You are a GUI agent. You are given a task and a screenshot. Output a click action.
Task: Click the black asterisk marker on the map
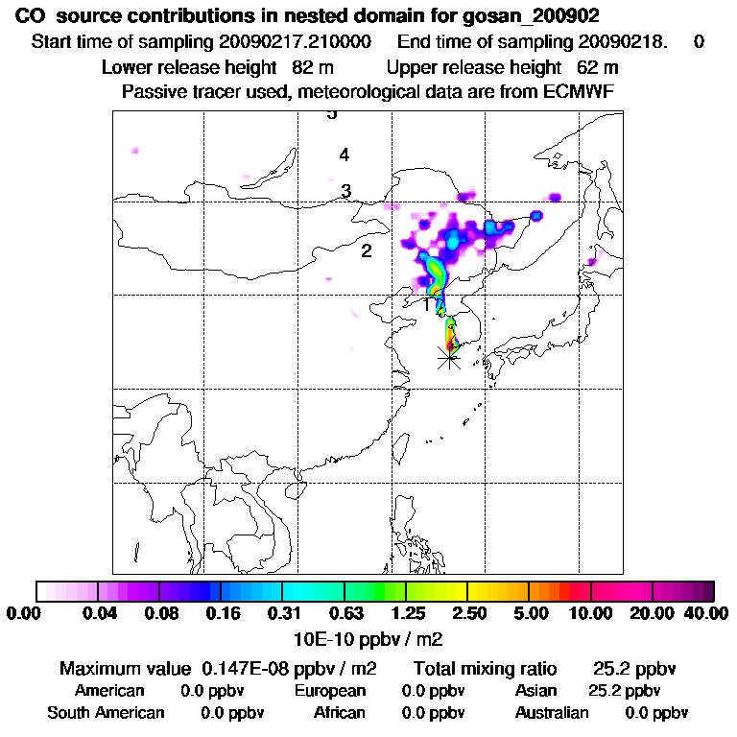tap(448, 359)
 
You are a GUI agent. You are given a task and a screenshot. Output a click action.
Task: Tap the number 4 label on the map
tap(344, 155)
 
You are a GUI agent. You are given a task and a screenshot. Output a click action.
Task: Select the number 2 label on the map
tap(366, 251)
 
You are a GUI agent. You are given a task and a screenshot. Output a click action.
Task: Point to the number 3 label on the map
tap(346, 191)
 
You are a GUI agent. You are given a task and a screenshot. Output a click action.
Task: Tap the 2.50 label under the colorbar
tap(468, 613)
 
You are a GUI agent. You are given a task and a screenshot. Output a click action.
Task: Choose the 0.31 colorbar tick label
tap(282, 613)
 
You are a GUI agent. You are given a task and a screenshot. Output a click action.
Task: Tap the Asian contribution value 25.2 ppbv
tap(624, 691)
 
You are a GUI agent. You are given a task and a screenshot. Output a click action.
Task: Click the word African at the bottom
tap(340, 713)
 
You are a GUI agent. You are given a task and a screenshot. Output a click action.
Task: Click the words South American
tap(106, 713)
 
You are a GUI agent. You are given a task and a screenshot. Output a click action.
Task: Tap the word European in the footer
tap(330, 691)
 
